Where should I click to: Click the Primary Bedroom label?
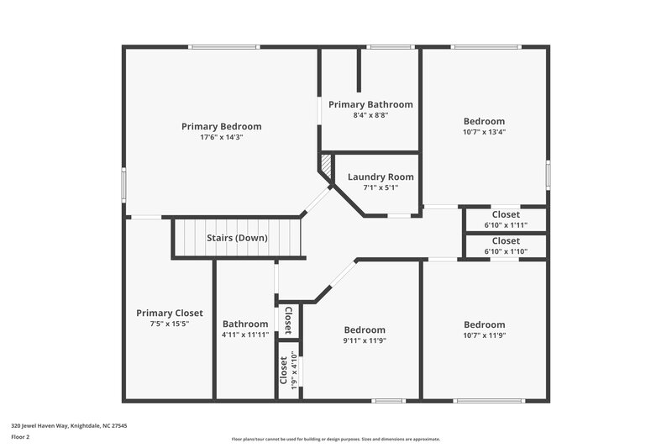(221, 127)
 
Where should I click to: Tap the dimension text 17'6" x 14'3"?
(221, 137)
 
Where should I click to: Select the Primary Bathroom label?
(370, 105)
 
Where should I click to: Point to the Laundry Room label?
(381, 177)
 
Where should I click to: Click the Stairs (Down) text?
(237, 238)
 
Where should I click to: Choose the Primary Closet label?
(170, 314)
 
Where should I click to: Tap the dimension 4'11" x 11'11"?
(245, 335)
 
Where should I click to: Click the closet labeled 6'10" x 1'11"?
(506, 225)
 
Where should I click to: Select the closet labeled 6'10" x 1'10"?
(506, 251)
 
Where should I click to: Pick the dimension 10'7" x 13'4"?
(484, 132)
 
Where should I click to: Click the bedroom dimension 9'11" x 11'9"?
(365, 340)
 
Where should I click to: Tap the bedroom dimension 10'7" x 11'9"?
(485, 335)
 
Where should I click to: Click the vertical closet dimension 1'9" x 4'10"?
(295, 372)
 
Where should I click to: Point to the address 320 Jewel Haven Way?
(69, 426)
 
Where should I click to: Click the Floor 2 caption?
(20, 437)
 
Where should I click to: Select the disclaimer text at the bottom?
(335, 439)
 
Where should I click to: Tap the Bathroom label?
(245, 324)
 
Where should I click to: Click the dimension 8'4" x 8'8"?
(370, 115)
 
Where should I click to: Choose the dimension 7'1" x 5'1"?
(381, 187)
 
